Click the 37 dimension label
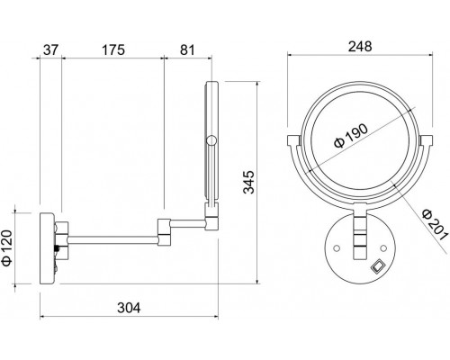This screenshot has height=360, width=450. pos(50,49)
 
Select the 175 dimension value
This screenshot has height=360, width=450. pos(113,49)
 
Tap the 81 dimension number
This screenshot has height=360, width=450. pos(187,49)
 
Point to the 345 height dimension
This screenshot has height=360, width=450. pos(248,182)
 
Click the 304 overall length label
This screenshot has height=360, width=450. pos(129,308)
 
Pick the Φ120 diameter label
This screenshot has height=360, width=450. pos(7,247)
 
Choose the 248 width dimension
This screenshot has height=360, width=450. pos(360,47)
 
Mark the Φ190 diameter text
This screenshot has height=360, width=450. pos(351,136)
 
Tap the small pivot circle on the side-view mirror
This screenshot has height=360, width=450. pos(211,140)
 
